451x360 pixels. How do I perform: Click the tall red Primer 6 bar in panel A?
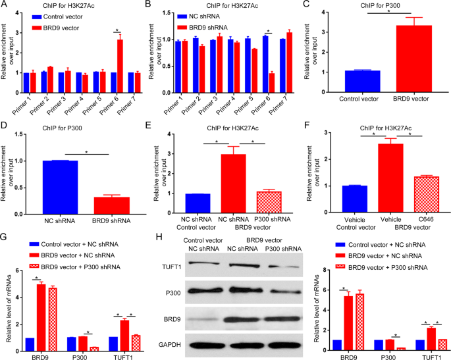tap(120, 59)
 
